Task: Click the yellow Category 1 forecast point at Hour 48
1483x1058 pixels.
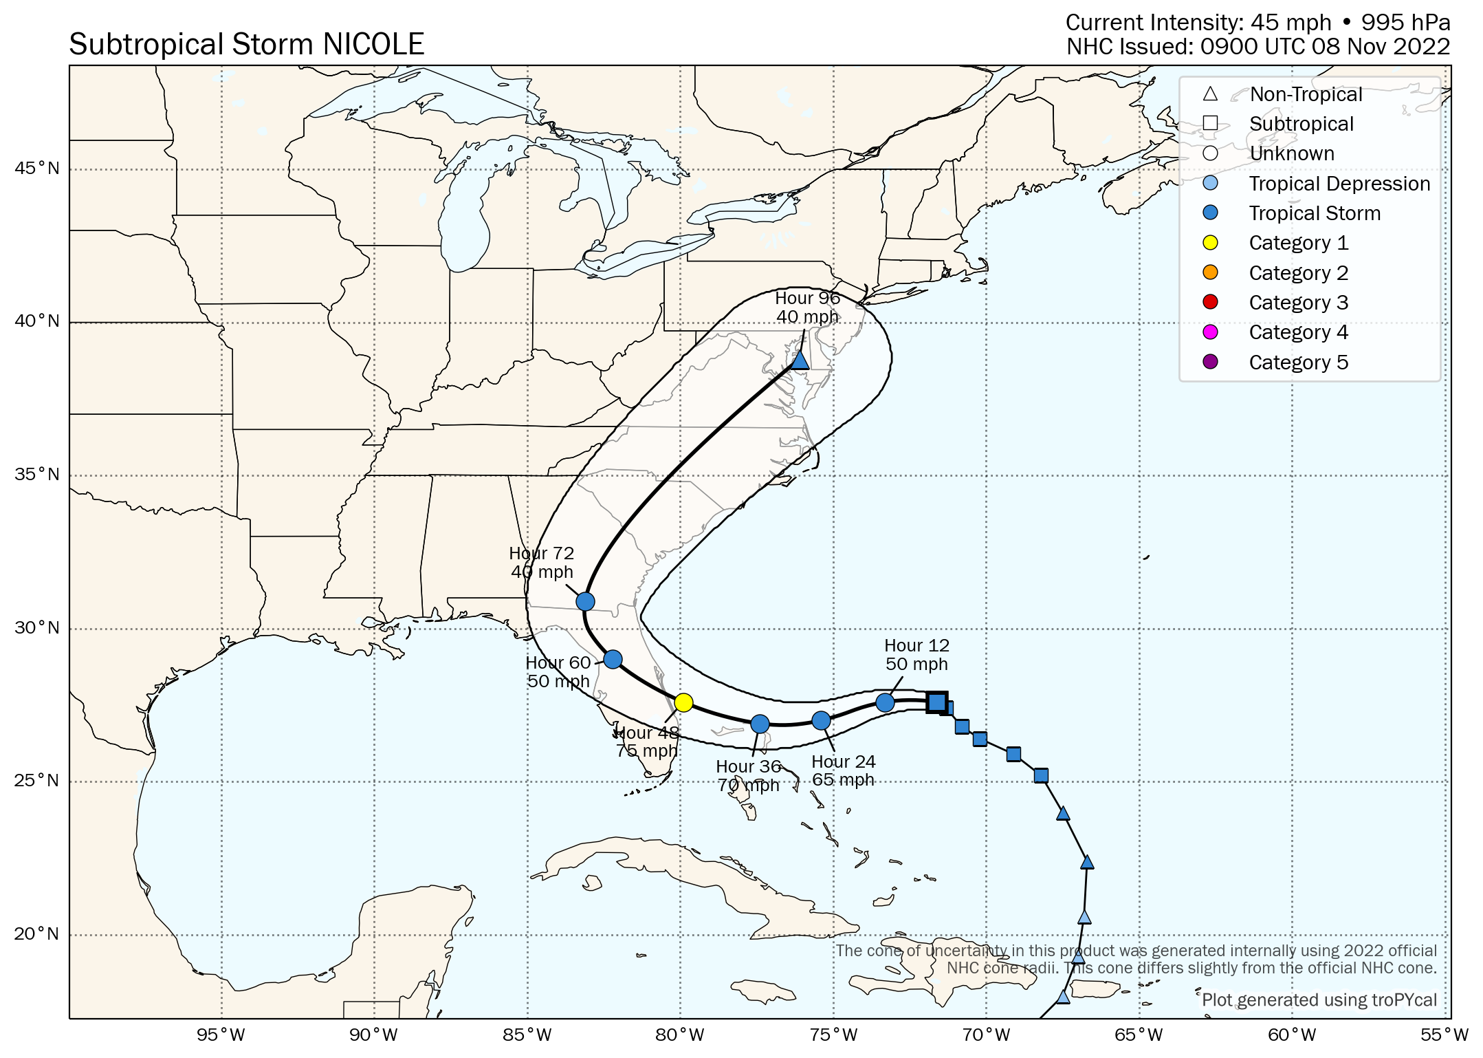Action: tap(683, 702)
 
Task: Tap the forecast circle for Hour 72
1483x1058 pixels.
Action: tap(585, 601)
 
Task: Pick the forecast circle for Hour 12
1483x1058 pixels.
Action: tap(885, 702)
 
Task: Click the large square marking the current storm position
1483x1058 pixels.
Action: tap(936, 702)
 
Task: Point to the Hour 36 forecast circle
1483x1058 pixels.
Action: tap(760, 724)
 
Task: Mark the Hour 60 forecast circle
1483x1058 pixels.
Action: tap(613, 660)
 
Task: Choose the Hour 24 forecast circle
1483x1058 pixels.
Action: tap(821, 720)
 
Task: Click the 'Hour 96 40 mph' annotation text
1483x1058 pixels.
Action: tap(807, 307)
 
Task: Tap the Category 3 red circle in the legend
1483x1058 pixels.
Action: tap(1210, 302)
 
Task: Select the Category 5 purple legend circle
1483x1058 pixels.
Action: tap(1210, 362)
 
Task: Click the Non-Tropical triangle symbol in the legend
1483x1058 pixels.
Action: tap(1210, 94)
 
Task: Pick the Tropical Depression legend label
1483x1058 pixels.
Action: tap(1339, 184)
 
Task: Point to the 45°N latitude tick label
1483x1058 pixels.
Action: tap(37, 169)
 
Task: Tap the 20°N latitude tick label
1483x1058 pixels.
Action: tap(37, 934)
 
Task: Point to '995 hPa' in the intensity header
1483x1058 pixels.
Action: tap(1405, 23)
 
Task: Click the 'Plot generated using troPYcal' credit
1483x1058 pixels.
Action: tap(1319, 1000)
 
